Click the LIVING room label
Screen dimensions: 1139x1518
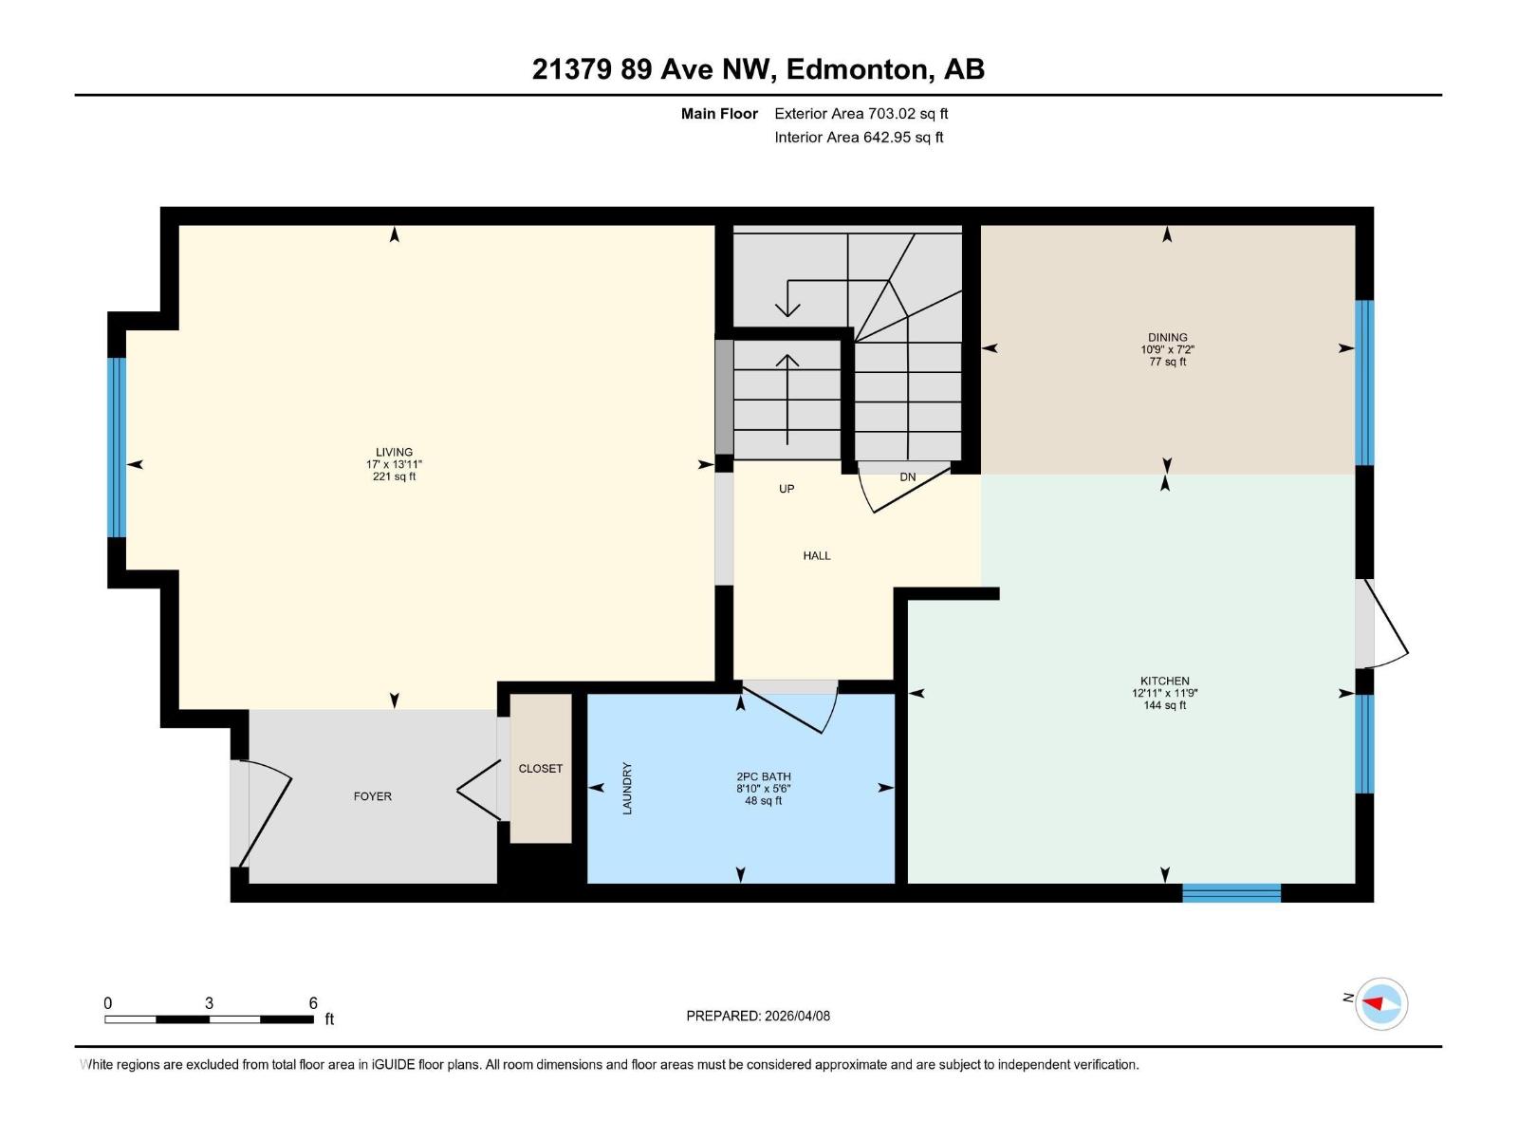tap(394, 453)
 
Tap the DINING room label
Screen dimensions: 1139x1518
tap(1167, 337)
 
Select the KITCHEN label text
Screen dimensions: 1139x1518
tap(1164, 681)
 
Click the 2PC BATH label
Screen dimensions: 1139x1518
tap(763, 776)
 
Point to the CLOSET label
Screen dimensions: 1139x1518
tap(541, 769)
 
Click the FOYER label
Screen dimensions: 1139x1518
tap(372, 796)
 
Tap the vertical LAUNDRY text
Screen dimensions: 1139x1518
tap(627, 788)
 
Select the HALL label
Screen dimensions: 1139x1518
tap(816, 555)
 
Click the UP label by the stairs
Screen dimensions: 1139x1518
tap(786, 489)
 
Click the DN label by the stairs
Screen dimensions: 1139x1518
tap(907, 476)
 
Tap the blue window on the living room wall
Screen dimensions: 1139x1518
tap(117, 447)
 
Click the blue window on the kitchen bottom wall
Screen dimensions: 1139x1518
tap(1231, 892)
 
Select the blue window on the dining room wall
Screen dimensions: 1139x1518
tap(1363, 382)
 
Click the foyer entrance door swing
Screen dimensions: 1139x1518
tap(266, 812)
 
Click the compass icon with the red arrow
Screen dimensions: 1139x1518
tap(1380, 1003)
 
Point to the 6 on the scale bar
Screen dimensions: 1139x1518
tap(313, 1003)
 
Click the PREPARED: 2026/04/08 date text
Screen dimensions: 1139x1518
tap(758, 1016)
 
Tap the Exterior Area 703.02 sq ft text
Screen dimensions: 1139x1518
tap(861, 114)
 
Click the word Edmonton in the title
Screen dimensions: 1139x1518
tap(856, 69)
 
